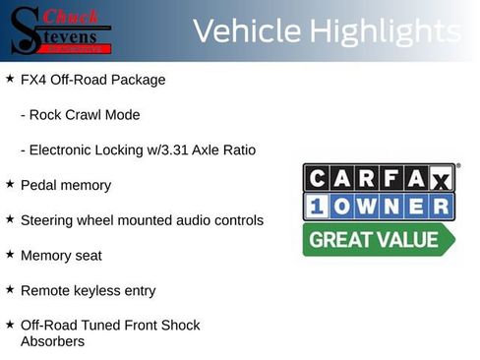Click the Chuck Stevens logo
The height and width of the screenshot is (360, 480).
pos(61,31)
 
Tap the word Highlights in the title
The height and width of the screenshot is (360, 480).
pos(385,31)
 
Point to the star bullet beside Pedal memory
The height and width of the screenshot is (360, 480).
pos(10,184)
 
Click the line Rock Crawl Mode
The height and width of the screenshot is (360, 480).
pos(80,115)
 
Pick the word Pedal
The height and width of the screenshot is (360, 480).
pos(37,185)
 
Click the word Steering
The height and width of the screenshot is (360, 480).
pos(47,220)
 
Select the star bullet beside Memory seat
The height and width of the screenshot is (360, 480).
pos(10,254)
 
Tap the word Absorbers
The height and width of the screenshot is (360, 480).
pos(52,341)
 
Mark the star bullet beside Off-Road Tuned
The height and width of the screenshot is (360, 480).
pos(10,324)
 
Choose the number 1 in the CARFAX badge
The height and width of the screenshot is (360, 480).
pos(318,207)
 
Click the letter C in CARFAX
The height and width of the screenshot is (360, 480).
pos(318,178)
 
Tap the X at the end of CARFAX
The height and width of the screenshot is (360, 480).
pos(440,179)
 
